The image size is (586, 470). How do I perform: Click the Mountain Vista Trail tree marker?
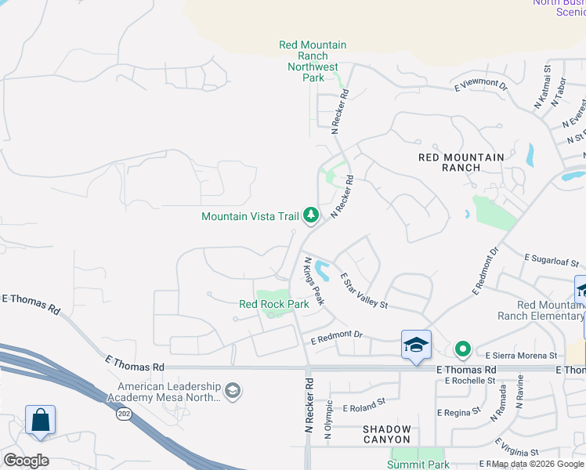pos(311,215)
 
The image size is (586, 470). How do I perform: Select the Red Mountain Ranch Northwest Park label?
pos(313,61)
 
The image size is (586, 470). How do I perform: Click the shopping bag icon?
pos(40,421)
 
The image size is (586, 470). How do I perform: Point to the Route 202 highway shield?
pos(124,413)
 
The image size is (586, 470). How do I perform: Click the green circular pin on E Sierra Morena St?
pos(463,349)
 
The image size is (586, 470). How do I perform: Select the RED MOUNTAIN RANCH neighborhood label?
pos(461,162)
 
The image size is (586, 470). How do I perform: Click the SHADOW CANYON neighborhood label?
pos(387,434)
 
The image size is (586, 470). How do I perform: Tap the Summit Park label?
pos(418,465)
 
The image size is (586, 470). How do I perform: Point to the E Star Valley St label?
pos(364,291)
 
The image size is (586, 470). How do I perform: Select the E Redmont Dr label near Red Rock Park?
pos(338,337)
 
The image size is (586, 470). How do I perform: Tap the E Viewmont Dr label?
pos(487,83)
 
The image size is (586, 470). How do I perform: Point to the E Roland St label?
pos(360,405)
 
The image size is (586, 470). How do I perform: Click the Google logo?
pos(26,461)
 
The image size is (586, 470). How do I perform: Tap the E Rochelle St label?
pos(470,381)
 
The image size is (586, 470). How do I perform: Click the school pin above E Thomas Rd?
pos(416,345)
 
